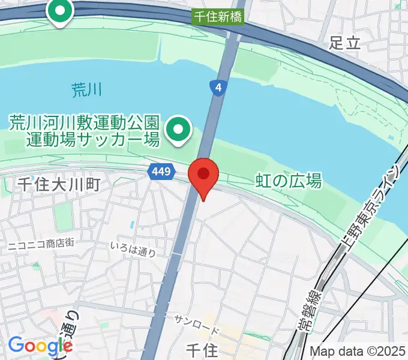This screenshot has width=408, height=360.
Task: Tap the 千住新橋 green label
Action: coord(219,17)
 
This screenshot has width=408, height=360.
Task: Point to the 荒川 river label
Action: coord(87,91)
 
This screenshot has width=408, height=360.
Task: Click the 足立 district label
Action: coord(344,42)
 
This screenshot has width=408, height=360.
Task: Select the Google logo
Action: coord(40,346)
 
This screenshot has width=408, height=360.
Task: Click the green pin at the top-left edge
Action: coord(60,11)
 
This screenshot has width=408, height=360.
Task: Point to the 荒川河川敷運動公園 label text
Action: coord(84,124)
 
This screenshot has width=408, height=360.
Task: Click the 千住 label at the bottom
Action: coord(202,350)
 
